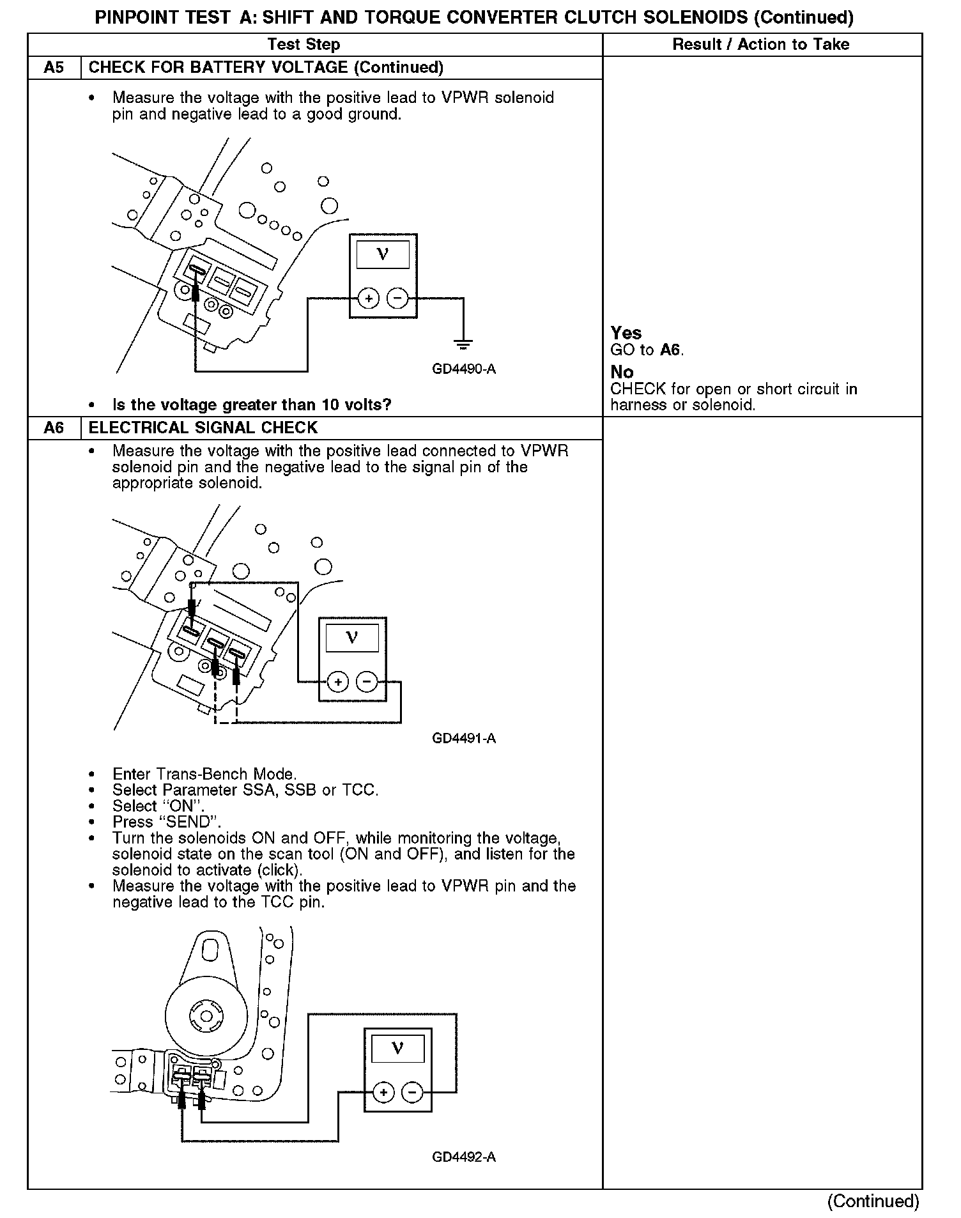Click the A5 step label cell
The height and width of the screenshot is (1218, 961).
(54, 68)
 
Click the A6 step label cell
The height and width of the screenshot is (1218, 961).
(54, 428)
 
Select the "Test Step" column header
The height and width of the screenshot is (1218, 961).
(304, 44)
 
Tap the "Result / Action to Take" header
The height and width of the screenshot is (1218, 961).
(760, 44)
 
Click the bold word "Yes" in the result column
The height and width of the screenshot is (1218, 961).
(626, 333)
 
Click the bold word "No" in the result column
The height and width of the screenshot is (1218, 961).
(622, 372)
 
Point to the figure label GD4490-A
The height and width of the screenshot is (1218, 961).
(464, 369)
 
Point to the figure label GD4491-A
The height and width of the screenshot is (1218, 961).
(464, 739)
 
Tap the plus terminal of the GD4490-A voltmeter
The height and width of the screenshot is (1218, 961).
(369, 298)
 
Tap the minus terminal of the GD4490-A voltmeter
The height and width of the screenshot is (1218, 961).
(397, 298)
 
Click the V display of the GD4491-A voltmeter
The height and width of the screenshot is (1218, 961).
(352, 638)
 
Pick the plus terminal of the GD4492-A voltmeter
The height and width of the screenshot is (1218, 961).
(383, 1093)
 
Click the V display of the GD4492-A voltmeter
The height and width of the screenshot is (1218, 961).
(397, 1049)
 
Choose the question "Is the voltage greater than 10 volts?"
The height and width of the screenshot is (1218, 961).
(251, 405)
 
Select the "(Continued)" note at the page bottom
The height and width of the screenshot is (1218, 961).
(873, 1201)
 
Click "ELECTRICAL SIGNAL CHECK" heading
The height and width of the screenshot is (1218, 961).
(203, 428)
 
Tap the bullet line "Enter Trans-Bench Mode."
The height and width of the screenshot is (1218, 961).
(204, 775)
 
